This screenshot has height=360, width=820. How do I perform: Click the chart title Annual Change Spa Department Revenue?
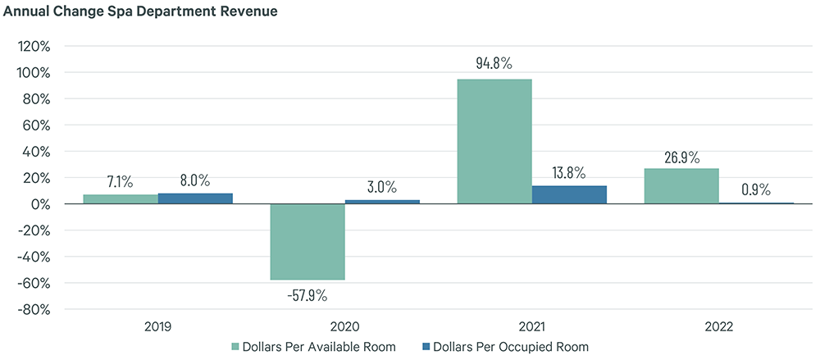pos(139,11)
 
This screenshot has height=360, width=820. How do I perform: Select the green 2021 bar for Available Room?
pos(494,141)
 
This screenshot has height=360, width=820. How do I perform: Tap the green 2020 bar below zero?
pos(307,242)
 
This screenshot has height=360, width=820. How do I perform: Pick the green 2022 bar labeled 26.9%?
pos(681,186)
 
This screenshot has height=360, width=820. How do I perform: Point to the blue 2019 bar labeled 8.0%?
pos(195,198)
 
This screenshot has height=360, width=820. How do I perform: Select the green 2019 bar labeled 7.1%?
pos(121,199)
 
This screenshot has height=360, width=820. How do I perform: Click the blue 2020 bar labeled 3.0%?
pos(382,202)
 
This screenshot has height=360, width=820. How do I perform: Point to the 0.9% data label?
pos(755,189)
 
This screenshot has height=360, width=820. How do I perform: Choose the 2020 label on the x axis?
pos(344,326)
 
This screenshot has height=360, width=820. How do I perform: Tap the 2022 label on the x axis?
pos(718,326)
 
